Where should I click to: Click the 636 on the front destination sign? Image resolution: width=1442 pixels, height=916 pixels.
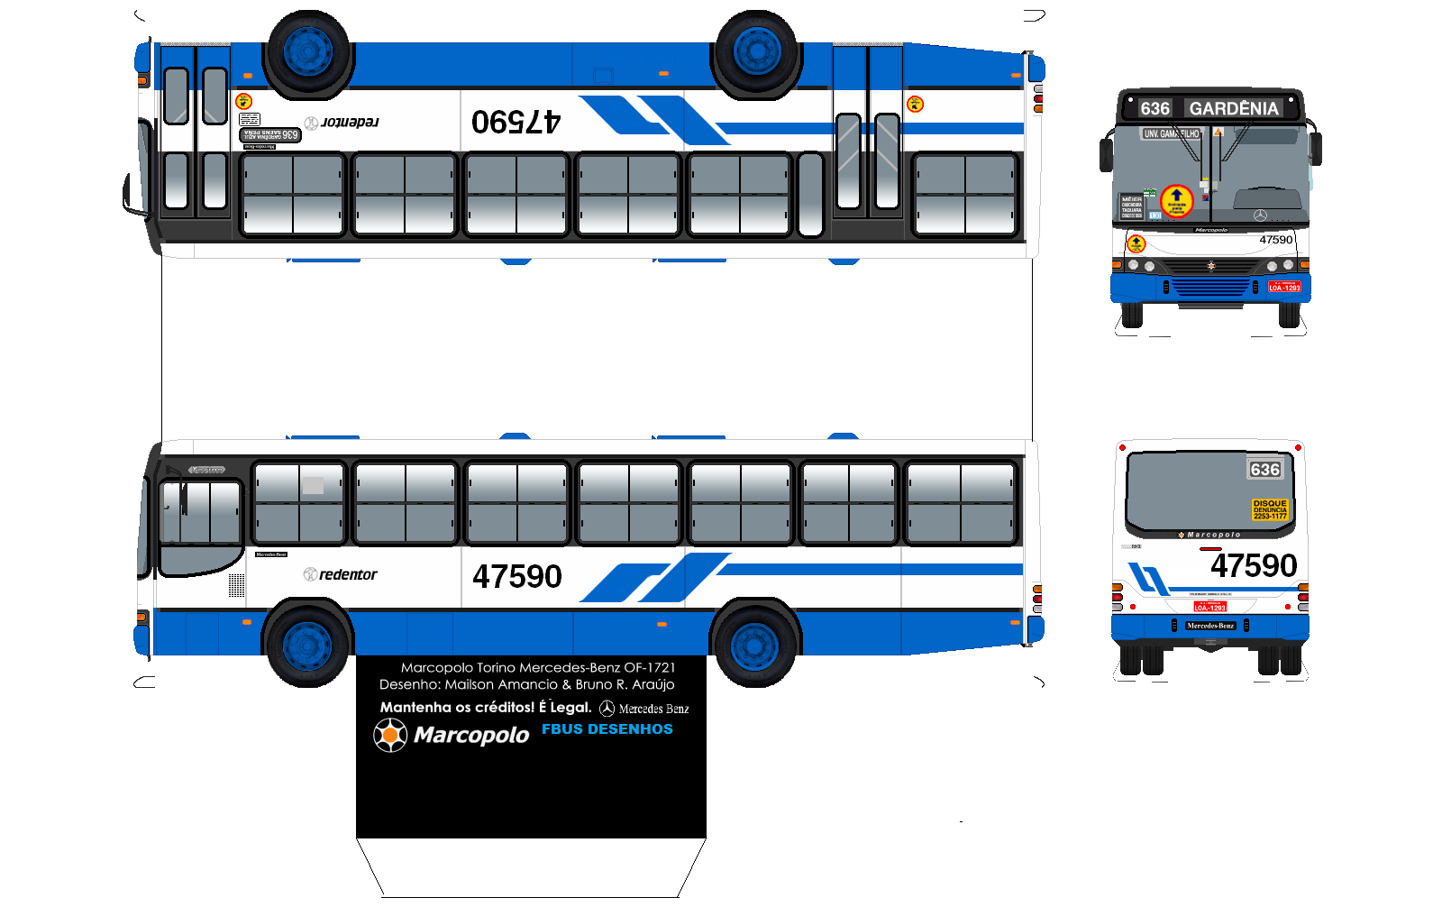point(1155,109)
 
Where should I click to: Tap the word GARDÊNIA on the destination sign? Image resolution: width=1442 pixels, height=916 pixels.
point(1234,109)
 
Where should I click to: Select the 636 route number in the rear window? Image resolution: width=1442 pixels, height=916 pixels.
point(1264,470)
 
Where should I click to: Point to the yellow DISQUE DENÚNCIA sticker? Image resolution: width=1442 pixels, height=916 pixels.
point(1270,509)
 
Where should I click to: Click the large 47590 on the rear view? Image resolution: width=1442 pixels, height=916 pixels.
point(1254,566)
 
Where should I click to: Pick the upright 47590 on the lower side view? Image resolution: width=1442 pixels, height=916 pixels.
point(517,577)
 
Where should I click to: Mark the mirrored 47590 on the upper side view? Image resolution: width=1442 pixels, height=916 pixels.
point(516,122)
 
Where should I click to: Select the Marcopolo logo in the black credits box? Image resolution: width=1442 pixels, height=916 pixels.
point(452,735)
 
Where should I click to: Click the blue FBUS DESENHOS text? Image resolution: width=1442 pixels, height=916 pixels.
point(607,729)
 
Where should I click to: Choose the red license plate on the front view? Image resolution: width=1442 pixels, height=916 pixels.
point(1284,287)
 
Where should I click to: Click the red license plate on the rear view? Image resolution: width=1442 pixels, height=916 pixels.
point(1209,607)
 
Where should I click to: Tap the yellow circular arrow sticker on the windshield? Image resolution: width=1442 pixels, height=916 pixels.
point(1176,200)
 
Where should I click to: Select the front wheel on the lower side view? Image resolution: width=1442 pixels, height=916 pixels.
point(307,645)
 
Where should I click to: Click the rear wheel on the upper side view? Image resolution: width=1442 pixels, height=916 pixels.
point(756,51)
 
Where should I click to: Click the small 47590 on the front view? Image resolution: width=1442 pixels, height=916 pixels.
point(1275,240)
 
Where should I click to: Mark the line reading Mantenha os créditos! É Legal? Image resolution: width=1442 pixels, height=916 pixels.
point(486,708)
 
